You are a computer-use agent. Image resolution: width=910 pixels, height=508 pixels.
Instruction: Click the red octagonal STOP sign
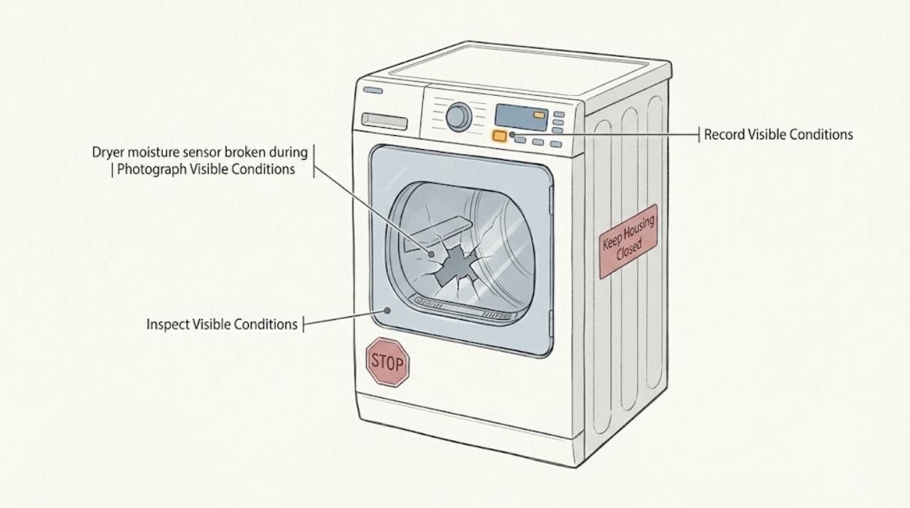[x=387, y=362]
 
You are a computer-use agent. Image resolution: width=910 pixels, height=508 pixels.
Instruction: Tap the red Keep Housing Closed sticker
[x=628, y=241]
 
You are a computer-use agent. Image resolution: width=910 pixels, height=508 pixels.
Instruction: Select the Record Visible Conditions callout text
[x=778, y=134]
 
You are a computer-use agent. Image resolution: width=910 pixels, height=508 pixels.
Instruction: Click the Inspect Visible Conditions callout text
[x=222, y=325]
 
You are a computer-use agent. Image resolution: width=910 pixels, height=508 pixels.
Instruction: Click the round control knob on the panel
[x=459, y=117]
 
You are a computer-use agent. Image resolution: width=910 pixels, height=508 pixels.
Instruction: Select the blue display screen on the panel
[x=521, y=117]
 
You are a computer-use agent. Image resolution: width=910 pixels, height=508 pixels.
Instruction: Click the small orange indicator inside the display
[x=539, y=115]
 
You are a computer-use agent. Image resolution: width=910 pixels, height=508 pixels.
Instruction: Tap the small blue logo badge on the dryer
[x=373, y=90]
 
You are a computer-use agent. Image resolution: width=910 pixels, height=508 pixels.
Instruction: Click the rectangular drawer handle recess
[x=385, y=121]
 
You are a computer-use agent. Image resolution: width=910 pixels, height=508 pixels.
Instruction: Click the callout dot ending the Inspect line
[x=387, y=310]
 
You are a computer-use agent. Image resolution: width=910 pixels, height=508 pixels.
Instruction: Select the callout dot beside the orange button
[x=513, y=134]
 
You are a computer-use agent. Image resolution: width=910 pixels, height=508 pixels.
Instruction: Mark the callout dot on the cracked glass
[x=431, y=254]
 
